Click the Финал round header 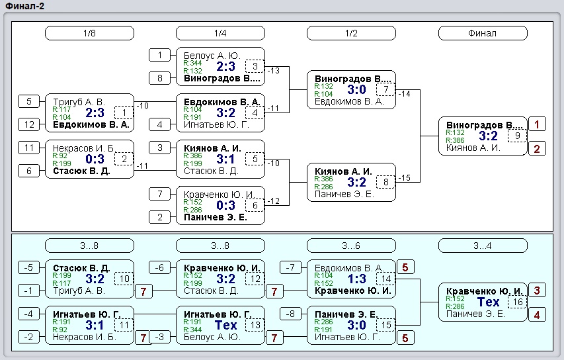[x=483, y=33]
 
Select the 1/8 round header [x=89, y=33]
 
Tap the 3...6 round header [x=351, y=246]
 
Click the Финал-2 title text [x=25, y=6]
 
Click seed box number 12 [x=29, y=124]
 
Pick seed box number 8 [x=160, y=78]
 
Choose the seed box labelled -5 [x=29, y=267]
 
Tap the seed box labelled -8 [x=290, y=314]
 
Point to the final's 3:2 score [x=488, y=136]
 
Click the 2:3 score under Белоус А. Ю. [x=226, y=66]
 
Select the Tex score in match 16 [x=488, y=302]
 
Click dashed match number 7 [x=386, y=89]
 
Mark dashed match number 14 [x=386, y=279]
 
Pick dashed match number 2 [x=124, y=159]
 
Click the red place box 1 [x=537, y=124]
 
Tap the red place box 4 [x=537, y=315]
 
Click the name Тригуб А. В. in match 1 [x=79, y=102]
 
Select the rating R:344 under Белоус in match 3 [x=193, y=63]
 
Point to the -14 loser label [x=405, y=94]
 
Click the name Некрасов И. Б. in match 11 [x=79, y=337]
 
